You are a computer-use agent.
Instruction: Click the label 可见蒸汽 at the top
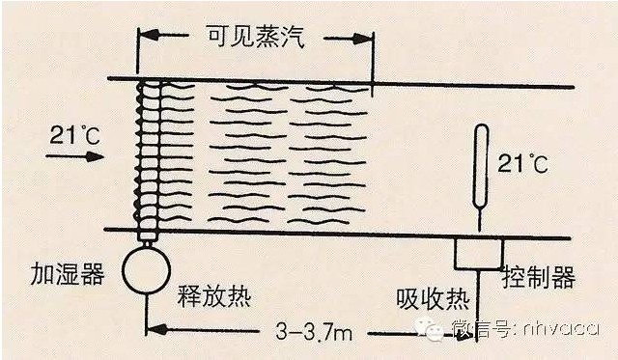pos(256,38)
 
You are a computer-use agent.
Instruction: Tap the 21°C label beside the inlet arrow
pos(74,135)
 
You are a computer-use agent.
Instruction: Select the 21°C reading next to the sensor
pos(522,163)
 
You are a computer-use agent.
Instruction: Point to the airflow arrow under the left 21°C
pos(75,156)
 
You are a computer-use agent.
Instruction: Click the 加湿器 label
pos(68,273)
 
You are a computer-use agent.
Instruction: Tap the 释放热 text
pos(214,295)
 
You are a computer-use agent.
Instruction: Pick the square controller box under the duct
pos(479,254)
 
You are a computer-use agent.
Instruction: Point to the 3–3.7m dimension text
pos(314,332)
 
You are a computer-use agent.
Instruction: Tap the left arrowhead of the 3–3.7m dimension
pos(156,329)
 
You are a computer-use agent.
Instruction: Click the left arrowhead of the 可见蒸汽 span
pos(149,35)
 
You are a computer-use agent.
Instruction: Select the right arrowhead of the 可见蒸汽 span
pos(362,39)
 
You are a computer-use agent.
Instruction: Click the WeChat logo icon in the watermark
pos(430,328)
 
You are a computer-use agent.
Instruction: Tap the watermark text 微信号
pos(482,328)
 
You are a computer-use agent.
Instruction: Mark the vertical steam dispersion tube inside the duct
pos(149,159)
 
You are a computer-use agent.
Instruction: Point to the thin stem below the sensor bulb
pos(480,220)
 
